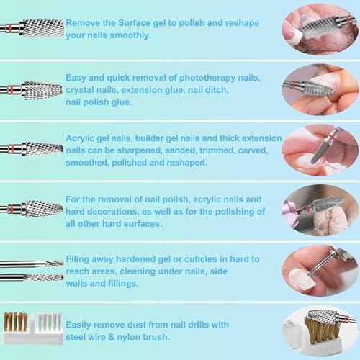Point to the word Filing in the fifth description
[x=80, y=257]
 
